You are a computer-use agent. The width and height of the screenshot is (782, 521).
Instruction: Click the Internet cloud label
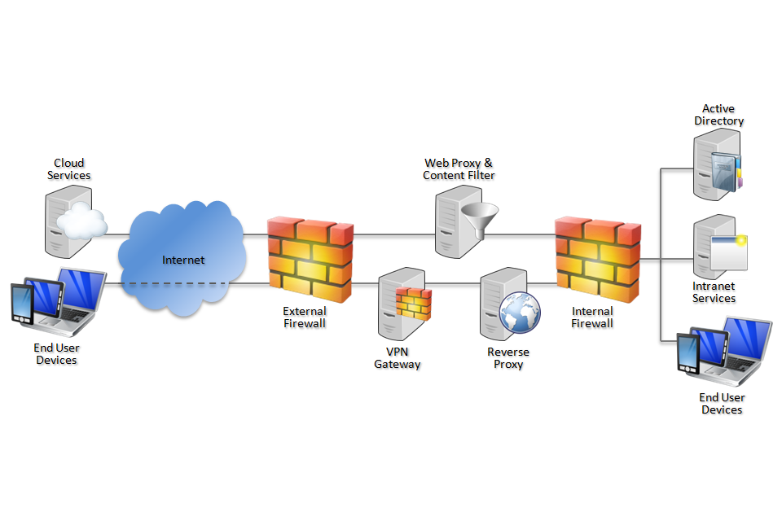point(183,260)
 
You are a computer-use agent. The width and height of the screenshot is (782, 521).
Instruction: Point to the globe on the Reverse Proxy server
point(520,313)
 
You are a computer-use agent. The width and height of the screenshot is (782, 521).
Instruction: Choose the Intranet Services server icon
point(717,248)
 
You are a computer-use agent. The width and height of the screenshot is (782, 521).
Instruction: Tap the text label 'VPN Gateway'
point(398,358)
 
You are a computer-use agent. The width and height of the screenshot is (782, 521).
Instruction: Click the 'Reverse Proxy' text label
point(508,358)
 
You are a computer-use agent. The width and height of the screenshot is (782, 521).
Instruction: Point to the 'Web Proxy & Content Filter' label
point(459,169)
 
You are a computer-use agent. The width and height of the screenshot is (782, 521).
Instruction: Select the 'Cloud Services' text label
point(69,169)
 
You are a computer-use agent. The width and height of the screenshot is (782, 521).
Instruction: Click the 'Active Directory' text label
point(718,115)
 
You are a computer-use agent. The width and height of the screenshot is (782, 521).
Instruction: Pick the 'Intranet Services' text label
point(714,292)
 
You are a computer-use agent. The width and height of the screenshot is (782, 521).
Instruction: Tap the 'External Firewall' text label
point(304,317)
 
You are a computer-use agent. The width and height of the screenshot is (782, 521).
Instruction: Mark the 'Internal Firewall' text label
point(592,317)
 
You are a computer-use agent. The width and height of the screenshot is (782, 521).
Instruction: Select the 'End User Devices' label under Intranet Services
point(722,404)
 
